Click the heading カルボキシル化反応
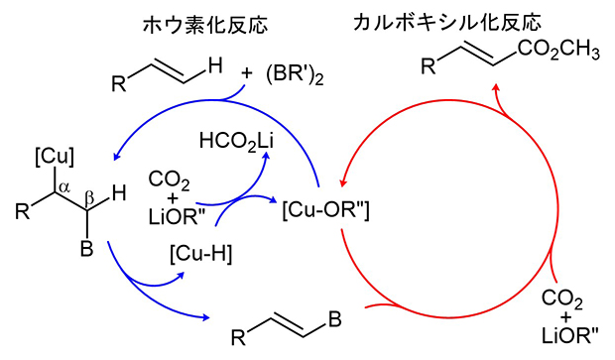[x=428, y=21]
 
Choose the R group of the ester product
[x=428, y=67]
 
